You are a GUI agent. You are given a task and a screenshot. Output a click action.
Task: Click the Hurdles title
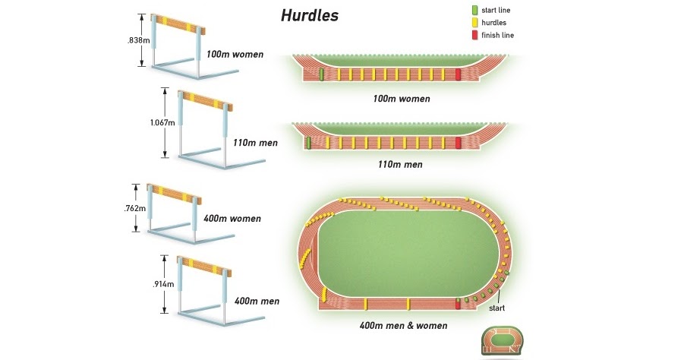pos(309,15)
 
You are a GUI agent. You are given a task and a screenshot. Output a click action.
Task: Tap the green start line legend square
pos(474,11)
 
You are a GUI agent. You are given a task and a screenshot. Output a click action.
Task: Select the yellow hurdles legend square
pos(474,23)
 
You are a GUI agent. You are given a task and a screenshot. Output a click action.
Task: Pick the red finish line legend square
pos(474,35)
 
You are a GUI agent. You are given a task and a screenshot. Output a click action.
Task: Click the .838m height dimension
pos(136,40)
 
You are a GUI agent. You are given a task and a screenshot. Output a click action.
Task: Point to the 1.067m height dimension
pos(160,122)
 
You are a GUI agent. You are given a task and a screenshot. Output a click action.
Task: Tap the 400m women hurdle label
pos(232,219)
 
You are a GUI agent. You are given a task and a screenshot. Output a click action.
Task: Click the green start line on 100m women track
pos(321,74)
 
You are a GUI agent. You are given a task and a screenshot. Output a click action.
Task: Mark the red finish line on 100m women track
pos(459,74)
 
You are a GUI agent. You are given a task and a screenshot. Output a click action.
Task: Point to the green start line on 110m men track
pos(308,143)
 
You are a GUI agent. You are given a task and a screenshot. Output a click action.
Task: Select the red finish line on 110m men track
pos(459,143)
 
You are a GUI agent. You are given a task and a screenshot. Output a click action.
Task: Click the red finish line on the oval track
pos(458,304)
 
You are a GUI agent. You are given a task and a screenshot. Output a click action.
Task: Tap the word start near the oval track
pos(496,308)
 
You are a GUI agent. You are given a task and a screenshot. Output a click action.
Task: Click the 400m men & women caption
pos(403,326)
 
